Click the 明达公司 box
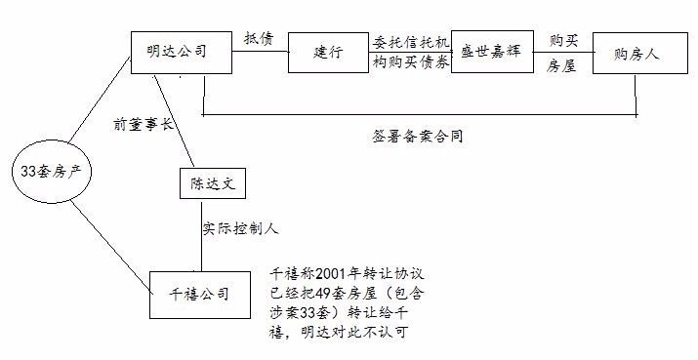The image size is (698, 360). (x=182, y=51)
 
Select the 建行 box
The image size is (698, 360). (x=330, y=52)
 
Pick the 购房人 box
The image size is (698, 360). (x=636, y=54)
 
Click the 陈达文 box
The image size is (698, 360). (x=208, y=182)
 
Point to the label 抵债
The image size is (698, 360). (x=259, y=38)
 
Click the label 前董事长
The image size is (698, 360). (x=143, y=125)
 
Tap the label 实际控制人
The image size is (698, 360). (x=240, y=229)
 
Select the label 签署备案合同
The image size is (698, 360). (x=411, y=137)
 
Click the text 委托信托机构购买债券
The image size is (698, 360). (x=411, y=52)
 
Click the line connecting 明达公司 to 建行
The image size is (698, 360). (x=260, y=52)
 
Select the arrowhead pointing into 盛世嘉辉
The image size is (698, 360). (x=455, y=52)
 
